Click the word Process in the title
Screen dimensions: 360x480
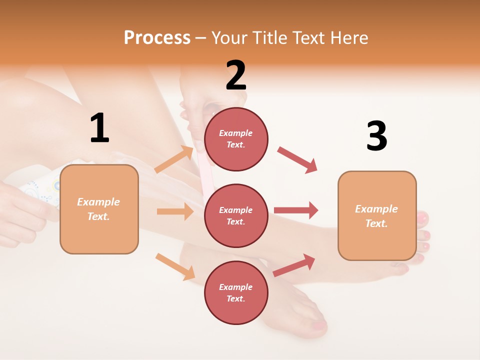pyautogui.click(x=157, y=37)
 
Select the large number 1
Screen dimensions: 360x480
pyautogui.click(x=99, y=128)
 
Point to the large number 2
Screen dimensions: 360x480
pyautogui.click(x=236, y=75)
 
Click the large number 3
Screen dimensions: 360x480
pyautogui.click(x=376, y=136)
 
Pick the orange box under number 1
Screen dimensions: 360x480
pyautogui.click(x=99, y=209)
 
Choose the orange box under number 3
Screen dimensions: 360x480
pyautogui.click(x=377, y=215)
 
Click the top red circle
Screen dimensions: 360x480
pyautogui.click(x=236, y=139)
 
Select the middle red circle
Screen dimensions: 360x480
pyautogui.click(x=236, y=215)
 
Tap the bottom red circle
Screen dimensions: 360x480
pyautogui.click(x=236, y=292)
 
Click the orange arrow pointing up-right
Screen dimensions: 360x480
pyautogui.click(x=174, y=159)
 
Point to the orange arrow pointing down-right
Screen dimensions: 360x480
pyautogui.click(x=175, y=266)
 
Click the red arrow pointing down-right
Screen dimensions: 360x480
pyautogui.click(x=297, y=160)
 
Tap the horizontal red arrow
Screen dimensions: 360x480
pyautogui.click(x=296, y=210)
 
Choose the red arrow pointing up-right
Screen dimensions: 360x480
pyautogui.click(x=294, y=265)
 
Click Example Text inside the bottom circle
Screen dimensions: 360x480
pyautogui.click(x=236, y=292)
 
